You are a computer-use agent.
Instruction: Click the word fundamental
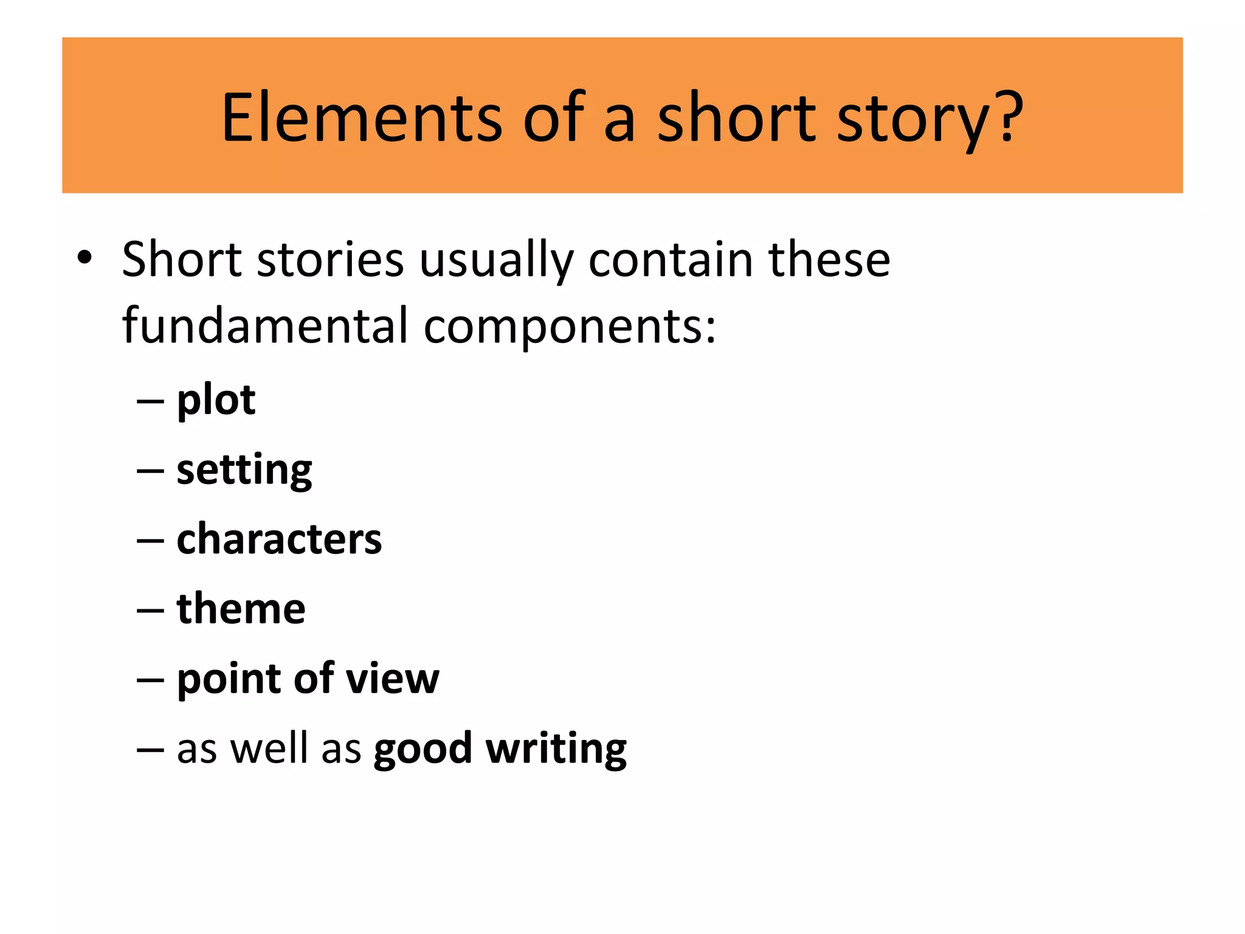point(264,325)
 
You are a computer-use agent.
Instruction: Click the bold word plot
point(216,401)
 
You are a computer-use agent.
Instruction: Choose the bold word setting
point(244,471)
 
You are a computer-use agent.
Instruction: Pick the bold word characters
point(279,539)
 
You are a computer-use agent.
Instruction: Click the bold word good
point(422,750)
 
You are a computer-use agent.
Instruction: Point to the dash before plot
point(150,401)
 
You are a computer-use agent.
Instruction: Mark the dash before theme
point(150,610)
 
